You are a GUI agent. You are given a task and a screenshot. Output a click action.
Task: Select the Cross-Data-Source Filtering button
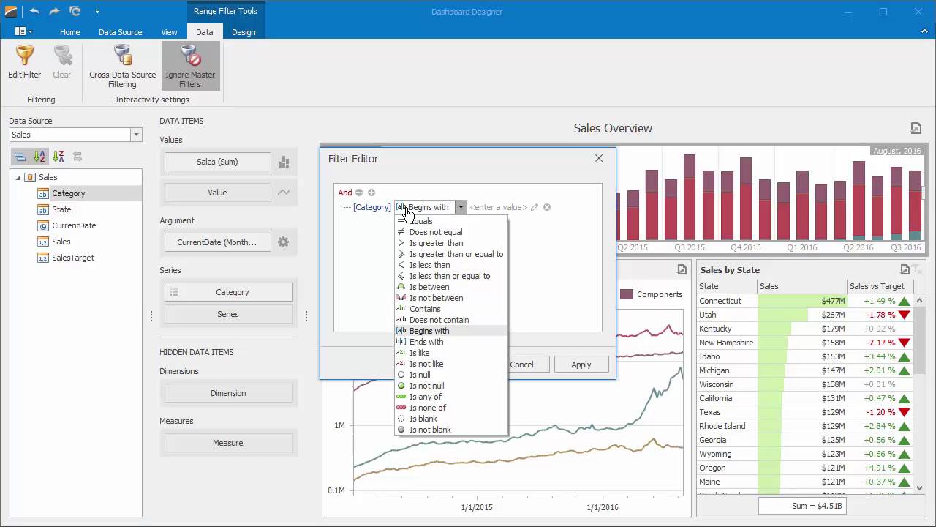122,66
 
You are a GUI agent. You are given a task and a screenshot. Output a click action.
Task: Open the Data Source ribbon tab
120,32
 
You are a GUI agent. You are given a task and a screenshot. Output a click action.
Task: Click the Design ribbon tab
244,32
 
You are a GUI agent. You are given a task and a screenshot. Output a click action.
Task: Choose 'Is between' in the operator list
429,287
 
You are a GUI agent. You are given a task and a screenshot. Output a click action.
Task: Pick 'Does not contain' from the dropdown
439,320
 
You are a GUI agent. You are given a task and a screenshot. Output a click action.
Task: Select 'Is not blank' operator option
430,430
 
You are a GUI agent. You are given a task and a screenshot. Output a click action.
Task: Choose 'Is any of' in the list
426,397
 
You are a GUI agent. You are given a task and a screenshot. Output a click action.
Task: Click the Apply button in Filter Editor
581,365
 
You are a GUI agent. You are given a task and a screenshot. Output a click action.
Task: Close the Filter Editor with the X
598,158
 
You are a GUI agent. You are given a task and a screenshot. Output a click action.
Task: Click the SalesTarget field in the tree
72,258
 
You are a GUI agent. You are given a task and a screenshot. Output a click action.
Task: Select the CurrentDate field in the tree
74,225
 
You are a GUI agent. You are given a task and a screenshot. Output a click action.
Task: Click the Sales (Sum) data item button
217,162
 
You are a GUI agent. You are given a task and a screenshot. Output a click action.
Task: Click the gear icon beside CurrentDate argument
283,242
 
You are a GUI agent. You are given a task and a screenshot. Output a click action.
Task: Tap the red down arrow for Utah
905,315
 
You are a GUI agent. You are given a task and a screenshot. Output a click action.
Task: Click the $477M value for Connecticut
833,301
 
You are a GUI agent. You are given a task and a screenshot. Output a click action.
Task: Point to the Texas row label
709,412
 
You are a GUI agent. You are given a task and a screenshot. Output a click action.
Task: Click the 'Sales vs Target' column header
876,286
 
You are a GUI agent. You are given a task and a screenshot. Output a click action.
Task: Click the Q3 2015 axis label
689,247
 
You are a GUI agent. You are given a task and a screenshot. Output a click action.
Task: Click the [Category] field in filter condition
371,207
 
